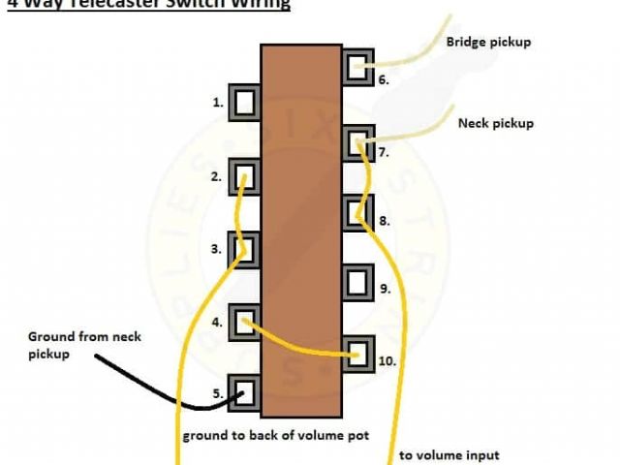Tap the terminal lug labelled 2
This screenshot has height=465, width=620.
click(x=245, y=176)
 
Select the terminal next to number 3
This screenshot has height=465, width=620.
click(x=245, y=248)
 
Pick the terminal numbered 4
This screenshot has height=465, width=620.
click(x=245, y=320)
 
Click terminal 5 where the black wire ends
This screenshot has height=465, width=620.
click(x=245, y=391)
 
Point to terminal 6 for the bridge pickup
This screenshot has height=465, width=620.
click(x=358, y=67)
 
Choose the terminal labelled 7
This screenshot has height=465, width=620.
click(x=358, y=142)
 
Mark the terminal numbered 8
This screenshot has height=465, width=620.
click(x=358, y=212)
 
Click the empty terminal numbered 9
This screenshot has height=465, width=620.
click(x=358, y=282)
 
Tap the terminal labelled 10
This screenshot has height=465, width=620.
click(x=358, y=353)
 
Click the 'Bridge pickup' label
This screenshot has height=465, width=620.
click(x=488, y=43)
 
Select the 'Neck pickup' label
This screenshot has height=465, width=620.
click(x=495, y=124)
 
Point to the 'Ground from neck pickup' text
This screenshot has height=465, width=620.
click(x=83, y=346)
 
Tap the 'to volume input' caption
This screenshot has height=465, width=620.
click(x=449, y=455)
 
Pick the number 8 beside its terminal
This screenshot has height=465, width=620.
click(x=384, y=221)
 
